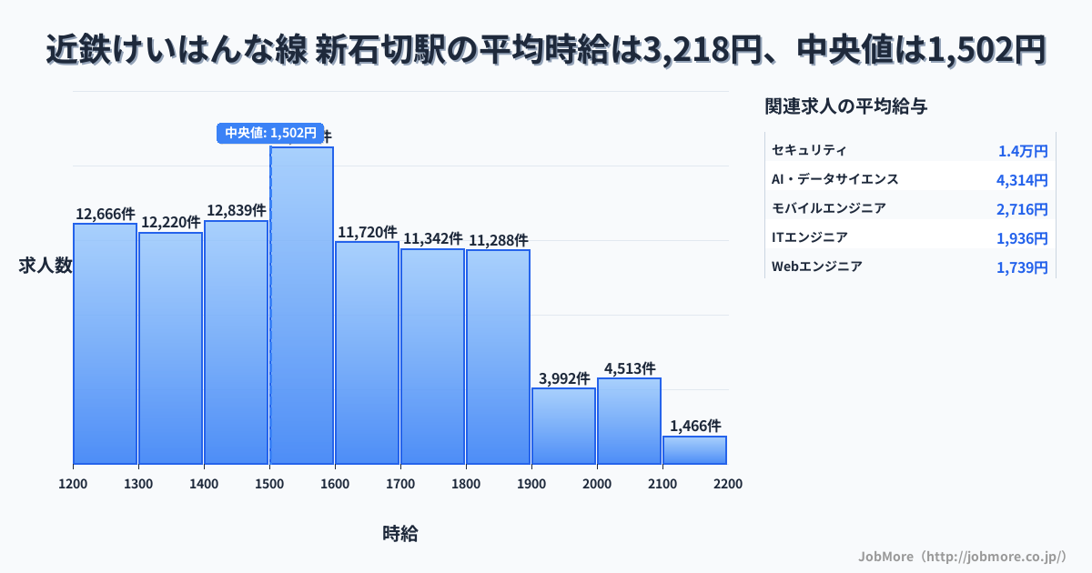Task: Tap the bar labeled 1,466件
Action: click(x=694, y=450)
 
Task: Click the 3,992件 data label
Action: click(x=564, y=378)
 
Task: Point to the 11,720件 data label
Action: click(x=368, y=232)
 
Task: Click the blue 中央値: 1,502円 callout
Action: click(x=269, y=133)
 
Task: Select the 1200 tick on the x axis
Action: click(x=73, y=484)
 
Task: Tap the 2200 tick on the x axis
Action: click(x=728, y=484)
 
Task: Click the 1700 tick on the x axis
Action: click(x=400, y=484)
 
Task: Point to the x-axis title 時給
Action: click(x=400, y=534)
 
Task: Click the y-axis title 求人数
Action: click(x=45, y=266)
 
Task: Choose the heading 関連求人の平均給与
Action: click(x=846, y=106)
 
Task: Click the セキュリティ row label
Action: click(x=809, y=150)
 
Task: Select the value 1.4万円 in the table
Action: click(x=1023, y=151)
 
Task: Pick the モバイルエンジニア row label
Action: click(x=828, y=208)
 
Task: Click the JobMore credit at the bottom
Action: click(x=962, y=555)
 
